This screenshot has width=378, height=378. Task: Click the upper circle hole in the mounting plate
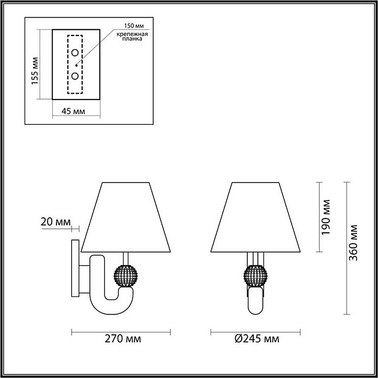pyautogui.click(x=76, y=53)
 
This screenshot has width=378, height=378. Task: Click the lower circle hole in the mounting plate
pyautogui.click(x=76, y=76)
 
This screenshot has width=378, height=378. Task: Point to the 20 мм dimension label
pyautogui.click(x=55, y=222)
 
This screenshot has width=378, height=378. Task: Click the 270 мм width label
pyautogui.click(x=123, y=339)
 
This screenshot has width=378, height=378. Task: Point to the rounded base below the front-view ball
pyautogui.click(x=256, y=302)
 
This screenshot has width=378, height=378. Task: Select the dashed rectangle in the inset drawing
pyautogui.click(x=76, y=64)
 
